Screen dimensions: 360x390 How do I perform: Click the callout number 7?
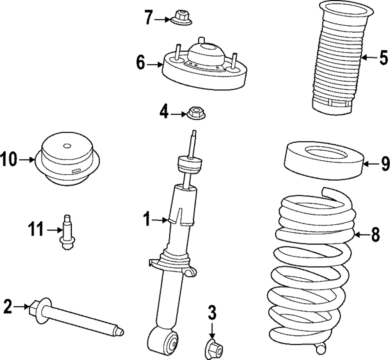click(x=148, y=18)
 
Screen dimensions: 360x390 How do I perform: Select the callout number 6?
click(x=141, y=62)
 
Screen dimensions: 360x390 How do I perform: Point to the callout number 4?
click(x=164, y=113)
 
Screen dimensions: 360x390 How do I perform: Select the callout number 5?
click(x=383, y=59)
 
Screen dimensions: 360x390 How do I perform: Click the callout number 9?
click(x=385, y=163)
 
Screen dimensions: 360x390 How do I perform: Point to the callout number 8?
click(x=375, y=235)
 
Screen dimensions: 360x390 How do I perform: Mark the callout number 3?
click(x=211, y=313)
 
